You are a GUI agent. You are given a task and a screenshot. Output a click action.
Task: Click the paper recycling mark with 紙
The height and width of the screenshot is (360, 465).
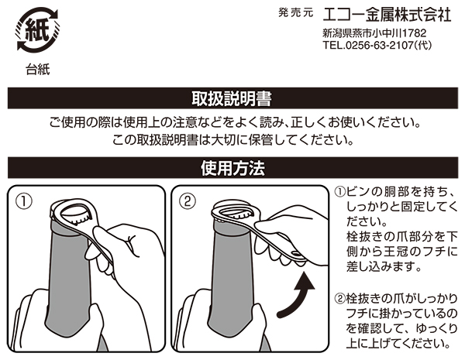[x=36, y=29]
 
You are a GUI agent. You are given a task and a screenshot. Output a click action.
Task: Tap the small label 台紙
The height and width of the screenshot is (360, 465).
[x=38, y=70]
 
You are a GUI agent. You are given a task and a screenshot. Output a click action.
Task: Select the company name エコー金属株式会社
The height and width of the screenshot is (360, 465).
[x=387, y=15]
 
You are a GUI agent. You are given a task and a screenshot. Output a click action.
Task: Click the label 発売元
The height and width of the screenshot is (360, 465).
[x=296, y=12]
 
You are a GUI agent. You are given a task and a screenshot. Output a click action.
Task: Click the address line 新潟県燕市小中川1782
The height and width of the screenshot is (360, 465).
[x=374, y=33]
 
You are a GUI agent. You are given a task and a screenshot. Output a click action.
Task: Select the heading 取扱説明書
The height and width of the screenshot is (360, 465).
[x=232, y=98]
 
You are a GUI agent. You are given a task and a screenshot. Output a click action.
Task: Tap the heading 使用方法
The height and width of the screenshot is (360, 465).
[x=232, y=168]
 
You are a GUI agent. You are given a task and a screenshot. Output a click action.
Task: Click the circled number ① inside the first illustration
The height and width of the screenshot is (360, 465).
[x=24, y=202]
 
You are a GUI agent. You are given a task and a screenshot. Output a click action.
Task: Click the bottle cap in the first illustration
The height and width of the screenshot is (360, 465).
[x=77, y=214]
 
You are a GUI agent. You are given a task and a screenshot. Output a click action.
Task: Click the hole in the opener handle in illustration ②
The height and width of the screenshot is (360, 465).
[x=296, y=253]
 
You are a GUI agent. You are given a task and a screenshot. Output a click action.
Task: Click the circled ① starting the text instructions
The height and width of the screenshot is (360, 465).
[x=340, y=192]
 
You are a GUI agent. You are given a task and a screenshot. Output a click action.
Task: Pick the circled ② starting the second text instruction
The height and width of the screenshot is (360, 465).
[x=340, y=298]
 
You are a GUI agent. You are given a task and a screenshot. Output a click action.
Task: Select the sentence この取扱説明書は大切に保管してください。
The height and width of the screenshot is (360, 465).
[x=232, y=140]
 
